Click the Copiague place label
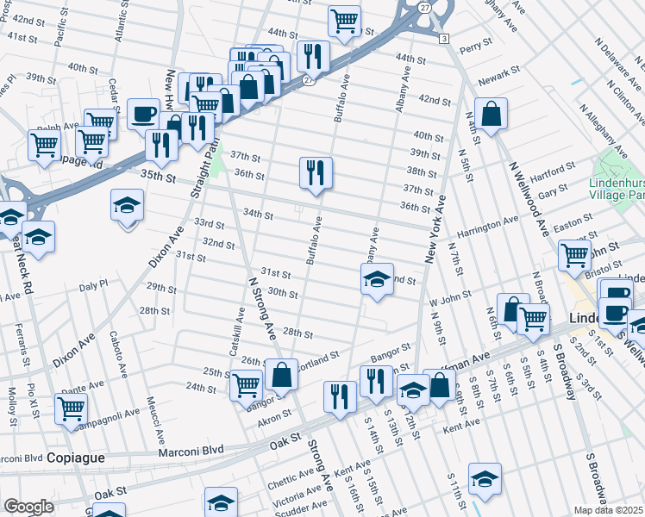(76, 458)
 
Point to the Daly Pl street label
(92, 283)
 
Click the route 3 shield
(443, 39)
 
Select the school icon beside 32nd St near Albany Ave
(377, 280)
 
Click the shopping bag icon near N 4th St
(491, 115)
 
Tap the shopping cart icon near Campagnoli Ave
(71, 409)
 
